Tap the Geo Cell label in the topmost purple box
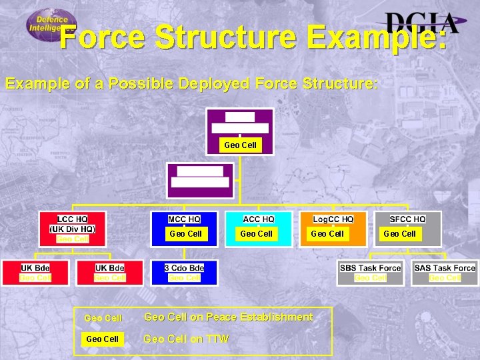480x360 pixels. (x=240, y=145)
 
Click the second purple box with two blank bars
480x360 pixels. (x=201, y=177)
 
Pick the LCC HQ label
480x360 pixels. (x=72, y=219)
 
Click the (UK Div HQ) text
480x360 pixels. (x=72, y=229)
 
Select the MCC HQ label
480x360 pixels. (x=184, y=219)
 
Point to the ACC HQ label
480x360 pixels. (x=258, y=219)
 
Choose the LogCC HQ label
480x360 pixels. (x=333, y=219)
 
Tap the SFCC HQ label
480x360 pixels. (x=407, y=219)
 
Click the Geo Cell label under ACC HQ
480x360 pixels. (x=256, y=233)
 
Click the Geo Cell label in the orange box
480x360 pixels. (x=327, y=233)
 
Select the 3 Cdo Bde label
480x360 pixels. (x=184, y=268)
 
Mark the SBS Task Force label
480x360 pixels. (x=370, y=268)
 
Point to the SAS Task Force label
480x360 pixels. (x=445, y=268)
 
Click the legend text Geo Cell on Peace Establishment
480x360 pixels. (x=228, y=317)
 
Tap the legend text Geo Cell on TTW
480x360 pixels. (x=186, y=339)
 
